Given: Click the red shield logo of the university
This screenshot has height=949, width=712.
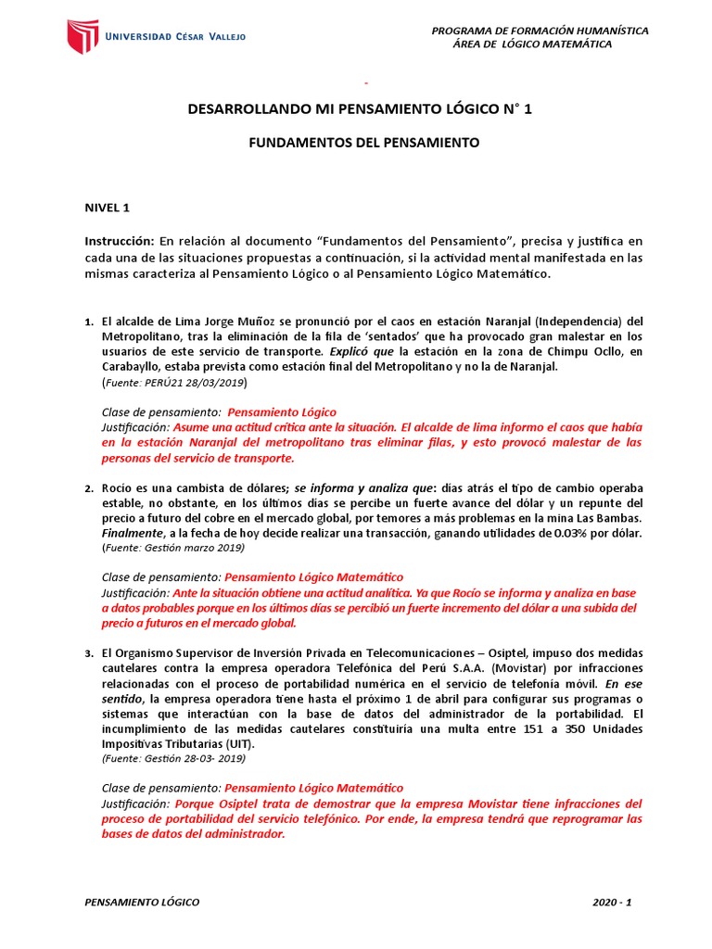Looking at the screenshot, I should (x=82, y=36).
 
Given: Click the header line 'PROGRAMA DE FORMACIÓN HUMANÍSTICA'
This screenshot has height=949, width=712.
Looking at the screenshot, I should (x=540, y=31).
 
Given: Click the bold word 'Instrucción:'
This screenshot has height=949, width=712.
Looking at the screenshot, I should (x=121, y=241).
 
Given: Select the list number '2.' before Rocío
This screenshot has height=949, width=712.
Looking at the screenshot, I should (x=89, y=488).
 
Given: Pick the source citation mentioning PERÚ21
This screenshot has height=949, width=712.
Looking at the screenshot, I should (x=172, y=382).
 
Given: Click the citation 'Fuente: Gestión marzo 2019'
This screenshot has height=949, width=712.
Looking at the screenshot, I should (x=172, y=548).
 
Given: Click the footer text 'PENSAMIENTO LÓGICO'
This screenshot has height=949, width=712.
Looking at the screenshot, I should (x=141, y=902).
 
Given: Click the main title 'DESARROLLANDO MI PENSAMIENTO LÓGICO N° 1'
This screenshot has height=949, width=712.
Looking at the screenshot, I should (x=361, y=109).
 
